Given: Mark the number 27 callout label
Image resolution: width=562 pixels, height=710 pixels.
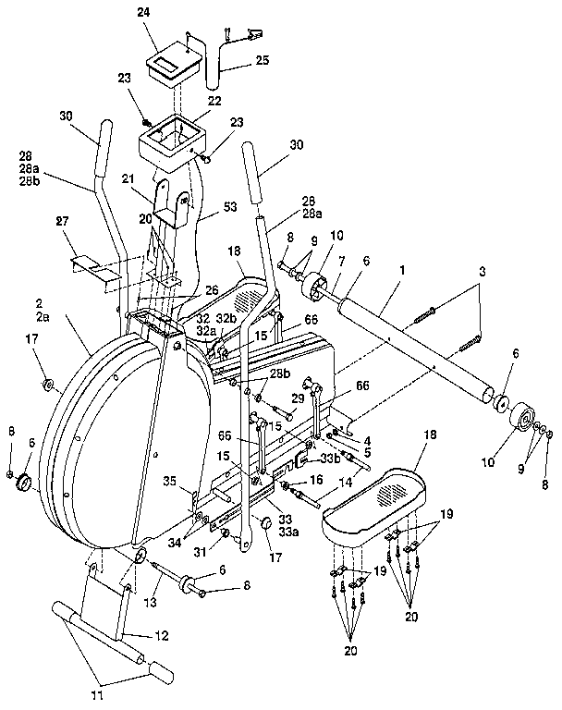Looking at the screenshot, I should coord(64,222).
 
